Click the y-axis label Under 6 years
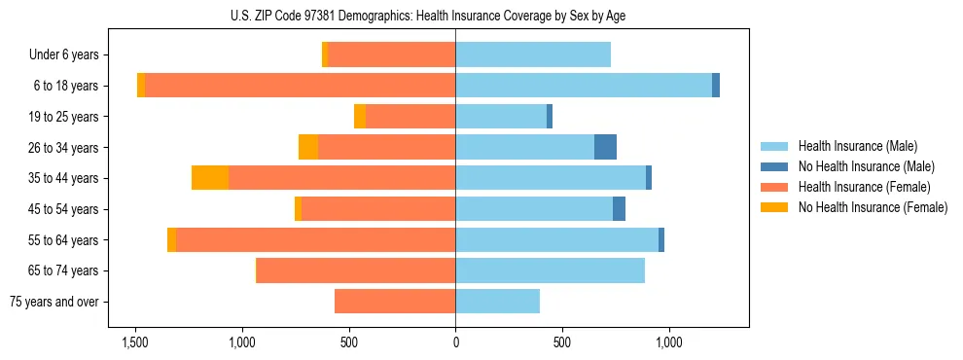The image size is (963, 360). (69, 55)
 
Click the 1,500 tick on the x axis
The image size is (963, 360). (134, 342)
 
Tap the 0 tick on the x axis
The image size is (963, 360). (455, 342)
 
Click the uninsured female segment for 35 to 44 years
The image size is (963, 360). (210, 178)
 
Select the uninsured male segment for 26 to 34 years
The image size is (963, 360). (605, 147)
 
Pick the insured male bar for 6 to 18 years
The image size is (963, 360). (584, 86)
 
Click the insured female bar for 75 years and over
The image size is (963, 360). (395, 302)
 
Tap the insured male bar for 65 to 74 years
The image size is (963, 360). (550, 270)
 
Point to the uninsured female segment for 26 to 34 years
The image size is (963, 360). (308, 147)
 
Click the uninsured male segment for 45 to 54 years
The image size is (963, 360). (619, 209)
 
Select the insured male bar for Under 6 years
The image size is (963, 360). (533, 55)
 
